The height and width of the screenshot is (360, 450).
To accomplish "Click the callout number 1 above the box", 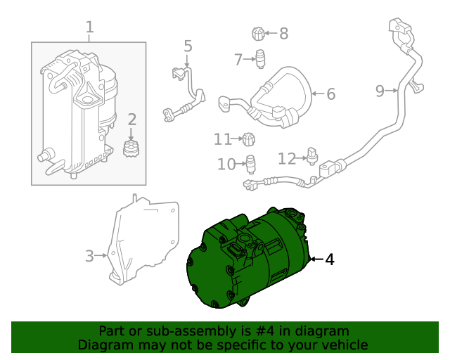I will pyautogui.click(x=89, y=27).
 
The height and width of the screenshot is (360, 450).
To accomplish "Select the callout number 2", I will pyautogui.click(x=131, y=120).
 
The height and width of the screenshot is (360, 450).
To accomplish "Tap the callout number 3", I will pyautogui.click(x=89, y=256).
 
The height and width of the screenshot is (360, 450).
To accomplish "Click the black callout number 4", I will pyautogui.click(x=329, y=259).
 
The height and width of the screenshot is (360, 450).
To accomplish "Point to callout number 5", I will pyautogui.click(x=188, y=46).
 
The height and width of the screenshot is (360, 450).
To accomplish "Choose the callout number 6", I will pyautogui.click(x=330, y=94).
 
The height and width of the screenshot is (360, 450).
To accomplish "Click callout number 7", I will pyautogui.click(x=239, y=59).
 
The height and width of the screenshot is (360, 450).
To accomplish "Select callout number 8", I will pyautogui.click(x=283, y=33).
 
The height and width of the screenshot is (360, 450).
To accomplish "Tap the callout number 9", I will pyautogui.click(x=380, y=90).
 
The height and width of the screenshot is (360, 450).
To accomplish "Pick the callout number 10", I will pyautogui.click(x=225, y=165).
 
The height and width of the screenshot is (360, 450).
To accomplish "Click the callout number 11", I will pyautogui.click(x=222, y=139).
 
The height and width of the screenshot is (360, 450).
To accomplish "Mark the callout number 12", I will pyautogui.click(x=287, y=158).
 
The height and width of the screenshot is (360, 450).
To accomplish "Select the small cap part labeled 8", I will pyautogui.click(x=258, y=33).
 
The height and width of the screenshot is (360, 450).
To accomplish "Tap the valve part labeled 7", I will pyautogui.click(x=260, y=58).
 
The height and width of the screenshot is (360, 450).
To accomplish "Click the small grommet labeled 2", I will pyautogui.click(x=130, y=148).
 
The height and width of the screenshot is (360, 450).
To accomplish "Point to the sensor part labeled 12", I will pyautogui.click(x=313, y=153).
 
